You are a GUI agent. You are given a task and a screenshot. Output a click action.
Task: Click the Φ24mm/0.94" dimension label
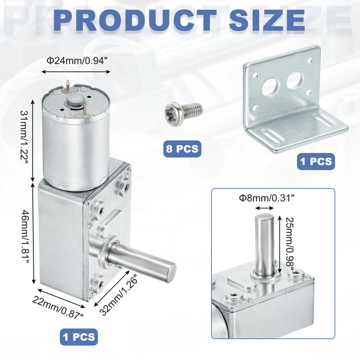77,61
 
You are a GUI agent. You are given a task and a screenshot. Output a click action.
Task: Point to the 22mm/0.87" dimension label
58,307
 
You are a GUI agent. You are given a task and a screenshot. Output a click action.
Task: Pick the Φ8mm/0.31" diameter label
266,198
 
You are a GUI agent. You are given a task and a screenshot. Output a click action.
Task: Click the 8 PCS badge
182,149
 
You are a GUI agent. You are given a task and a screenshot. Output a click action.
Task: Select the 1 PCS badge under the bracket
316,162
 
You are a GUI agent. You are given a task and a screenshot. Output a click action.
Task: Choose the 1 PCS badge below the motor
79,337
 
